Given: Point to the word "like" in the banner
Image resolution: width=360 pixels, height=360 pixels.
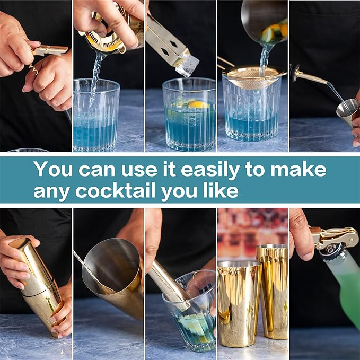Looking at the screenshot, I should pos(220,191).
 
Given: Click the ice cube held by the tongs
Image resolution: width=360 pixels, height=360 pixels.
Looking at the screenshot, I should pos(187,65).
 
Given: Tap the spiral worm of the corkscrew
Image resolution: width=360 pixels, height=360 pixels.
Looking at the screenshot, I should pos(33,69).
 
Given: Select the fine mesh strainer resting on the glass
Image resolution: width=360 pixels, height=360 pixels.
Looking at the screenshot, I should pos(251,77).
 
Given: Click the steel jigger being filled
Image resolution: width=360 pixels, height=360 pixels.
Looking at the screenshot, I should pos(347,112).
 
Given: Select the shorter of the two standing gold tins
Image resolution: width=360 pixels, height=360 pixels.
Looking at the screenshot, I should pos(239,302).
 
